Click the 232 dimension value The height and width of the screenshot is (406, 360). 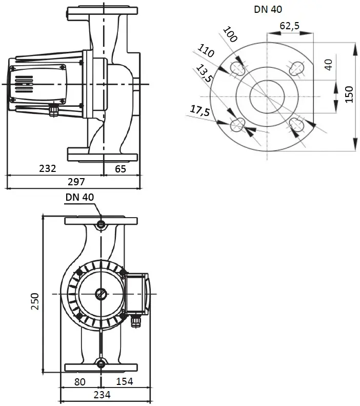click(x=48, y=168)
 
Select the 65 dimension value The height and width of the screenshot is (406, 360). click(x=121, y=169)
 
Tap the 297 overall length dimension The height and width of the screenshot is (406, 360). click(x=76, y=182)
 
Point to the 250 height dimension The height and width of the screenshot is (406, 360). click(x=35, y=301)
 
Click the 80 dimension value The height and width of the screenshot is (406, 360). click(x=79, y=382)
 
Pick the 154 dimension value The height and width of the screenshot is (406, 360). click(x=125, y=381)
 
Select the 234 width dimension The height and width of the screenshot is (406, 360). click(x=102, y=395)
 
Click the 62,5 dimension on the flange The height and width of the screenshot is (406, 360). click(x=290, y=26)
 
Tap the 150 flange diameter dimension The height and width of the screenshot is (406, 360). click(x=349, y=94)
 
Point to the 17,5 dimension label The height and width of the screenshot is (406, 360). click(x=199, y=111)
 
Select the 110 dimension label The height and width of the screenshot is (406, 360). click(x=206, y=50)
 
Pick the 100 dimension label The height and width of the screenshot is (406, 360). click(x=230, y=34)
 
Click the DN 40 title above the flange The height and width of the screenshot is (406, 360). click(x=268, y=10)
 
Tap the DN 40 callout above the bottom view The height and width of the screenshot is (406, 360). click(x=79, y=197)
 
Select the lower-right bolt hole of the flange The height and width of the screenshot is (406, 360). click(x=296, y=124)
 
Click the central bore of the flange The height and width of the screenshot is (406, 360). click(x=267, y=96)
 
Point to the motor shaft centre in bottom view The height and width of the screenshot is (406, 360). click(x=101, y=294)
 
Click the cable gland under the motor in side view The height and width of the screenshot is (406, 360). click(x=54, y=109)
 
